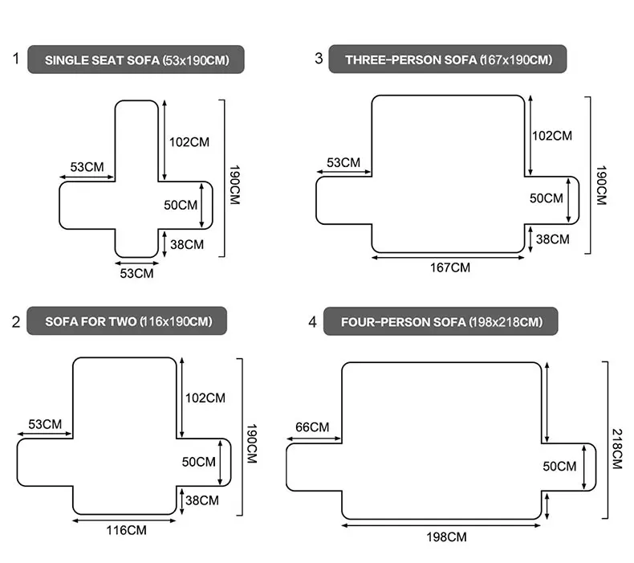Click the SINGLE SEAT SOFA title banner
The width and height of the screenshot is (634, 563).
coord(136,60)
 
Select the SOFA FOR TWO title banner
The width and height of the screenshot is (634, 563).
coord(127,321)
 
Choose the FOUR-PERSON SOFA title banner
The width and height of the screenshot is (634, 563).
coord(441,322)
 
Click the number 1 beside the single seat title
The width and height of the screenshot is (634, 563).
coord(15,59)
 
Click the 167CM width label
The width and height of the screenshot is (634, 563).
coord(449,267)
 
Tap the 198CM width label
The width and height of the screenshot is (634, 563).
coord(445,536)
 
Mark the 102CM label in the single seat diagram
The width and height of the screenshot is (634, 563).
coord(189,142)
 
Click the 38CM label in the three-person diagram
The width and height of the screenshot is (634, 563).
coord(552,239)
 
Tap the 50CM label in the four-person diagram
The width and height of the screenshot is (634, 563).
coord(559,466)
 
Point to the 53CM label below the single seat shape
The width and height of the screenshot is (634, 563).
coord(136,273)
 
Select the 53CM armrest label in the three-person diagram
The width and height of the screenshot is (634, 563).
coord(343,163)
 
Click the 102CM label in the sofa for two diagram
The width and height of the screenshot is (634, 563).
coord(205,398)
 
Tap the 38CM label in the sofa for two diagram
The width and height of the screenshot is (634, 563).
coord(202,500)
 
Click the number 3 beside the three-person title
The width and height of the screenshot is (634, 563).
coord(319,59)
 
